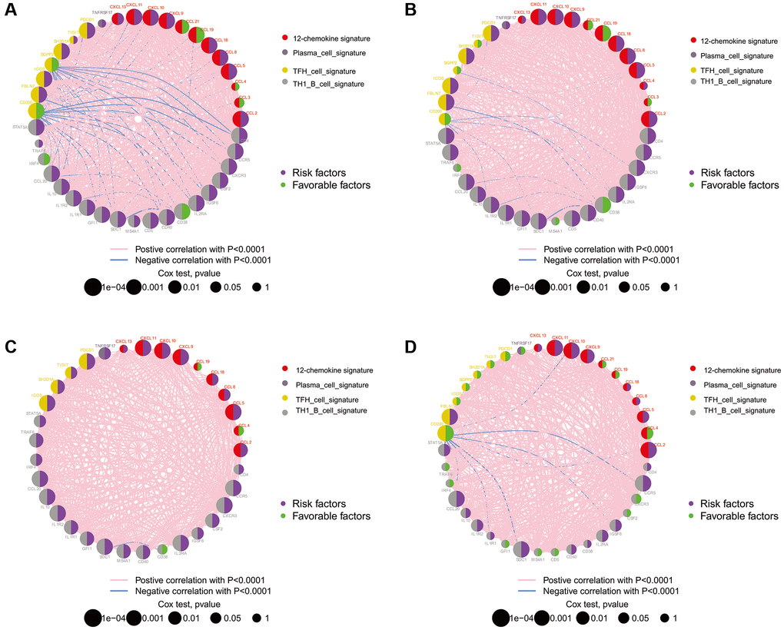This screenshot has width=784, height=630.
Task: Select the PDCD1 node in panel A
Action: pos(86,30)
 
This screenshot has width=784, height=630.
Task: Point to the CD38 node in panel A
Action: pos(183,211)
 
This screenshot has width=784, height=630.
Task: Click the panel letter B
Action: pos(411,11)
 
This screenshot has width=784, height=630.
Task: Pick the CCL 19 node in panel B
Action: pos(604,33)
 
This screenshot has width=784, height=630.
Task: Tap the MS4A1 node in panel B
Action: pos(556,221)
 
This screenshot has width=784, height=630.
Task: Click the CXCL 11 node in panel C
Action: pos(144,347)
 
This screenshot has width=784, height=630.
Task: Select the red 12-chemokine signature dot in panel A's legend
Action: pos(284,37)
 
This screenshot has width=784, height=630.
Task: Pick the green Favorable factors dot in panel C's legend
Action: pos(284,516)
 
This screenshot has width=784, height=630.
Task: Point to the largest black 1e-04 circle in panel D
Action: pos(500,617)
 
